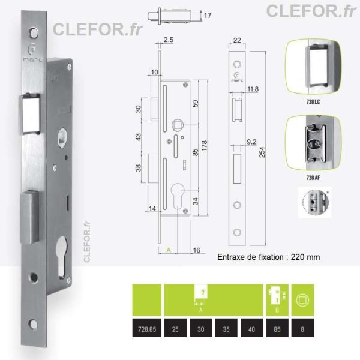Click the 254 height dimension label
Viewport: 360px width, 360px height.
(x=262, y=152)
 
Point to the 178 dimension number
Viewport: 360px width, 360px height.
(x=204, y=146)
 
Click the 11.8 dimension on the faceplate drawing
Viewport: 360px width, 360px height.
(x=253, y=89)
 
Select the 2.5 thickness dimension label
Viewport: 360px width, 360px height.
(x=168, y=40)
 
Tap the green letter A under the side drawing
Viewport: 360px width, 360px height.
(x=169, y=250)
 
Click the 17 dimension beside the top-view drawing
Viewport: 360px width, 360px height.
(x=208, y=16)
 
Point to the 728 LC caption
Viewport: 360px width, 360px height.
(x=313, y=101)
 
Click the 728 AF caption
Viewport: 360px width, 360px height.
(x=313, y=178)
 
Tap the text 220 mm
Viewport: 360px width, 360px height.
(x=305, y=257)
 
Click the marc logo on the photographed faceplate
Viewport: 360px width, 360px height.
(x=33, y=53)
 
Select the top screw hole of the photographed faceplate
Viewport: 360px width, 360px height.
(x=34, y=33)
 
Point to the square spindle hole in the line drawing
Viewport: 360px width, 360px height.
(x=178, y=125)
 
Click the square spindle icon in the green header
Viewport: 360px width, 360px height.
(x=302, y=300)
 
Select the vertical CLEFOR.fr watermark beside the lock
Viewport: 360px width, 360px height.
(x=87, y=242)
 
